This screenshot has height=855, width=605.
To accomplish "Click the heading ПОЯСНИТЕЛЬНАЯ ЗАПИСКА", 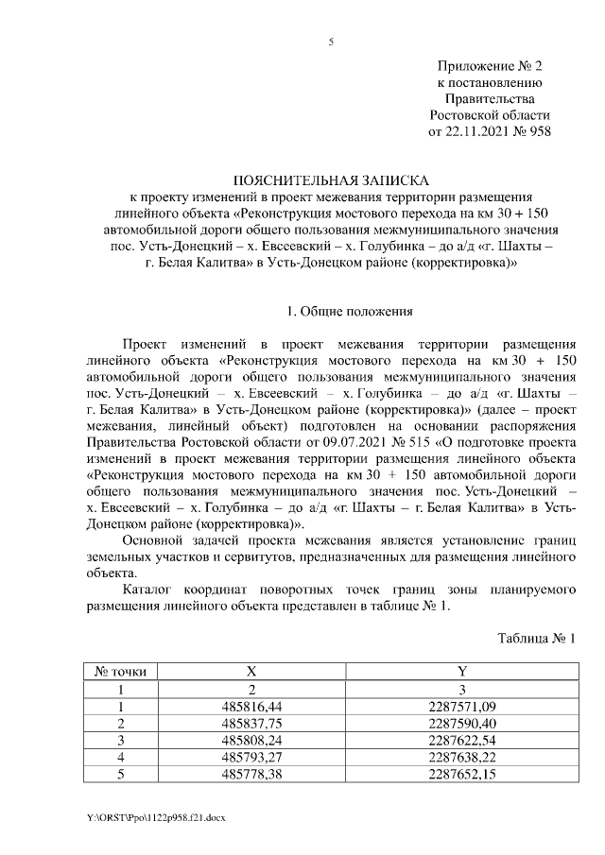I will tap(330, 180).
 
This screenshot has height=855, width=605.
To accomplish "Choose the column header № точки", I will tap(120, 672).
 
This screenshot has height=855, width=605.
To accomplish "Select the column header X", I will tap(251, 672).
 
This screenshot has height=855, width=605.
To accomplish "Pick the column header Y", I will tap(461, 672).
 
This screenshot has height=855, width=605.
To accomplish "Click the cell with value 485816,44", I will tap(251, 706).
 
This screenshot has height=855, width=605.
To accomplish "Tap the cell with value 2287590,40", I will tap(461, 723).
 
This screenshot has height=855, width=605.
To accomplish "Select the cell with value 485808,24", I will tap(251, 740).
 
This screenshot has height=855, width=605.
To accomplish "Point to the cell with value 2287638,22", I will tap(461, 757).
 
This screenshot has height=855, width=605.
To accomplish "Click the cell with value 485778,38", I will tap(251, 774).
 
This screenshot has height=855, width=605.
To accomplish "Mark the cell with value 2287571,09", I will tap(461, 706).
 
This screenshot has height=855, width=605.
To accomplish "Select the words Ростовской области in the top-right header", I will tap(490, 114).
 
